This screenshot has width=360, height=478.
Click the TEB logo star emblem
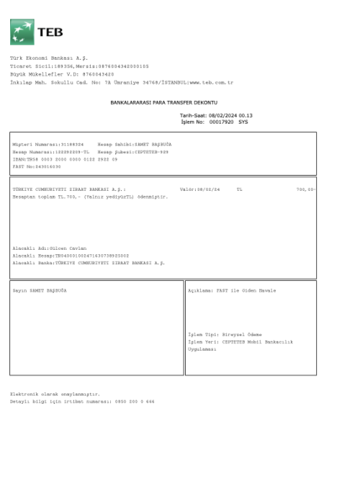click(22, 32)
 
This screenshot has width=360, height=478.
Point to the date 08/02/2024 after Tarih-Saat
click(222, 115)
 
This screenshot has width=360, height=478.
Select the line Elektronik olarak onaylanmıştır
click(55, 394)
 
